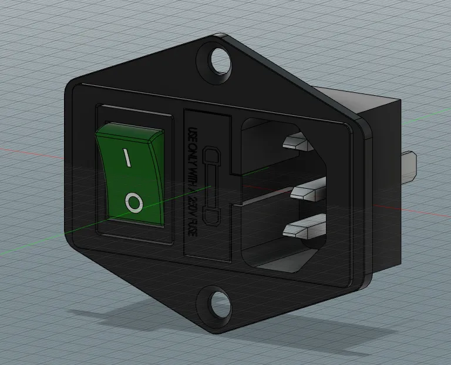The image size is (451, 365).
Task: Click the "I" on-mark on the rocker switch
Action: (x=126, y=157)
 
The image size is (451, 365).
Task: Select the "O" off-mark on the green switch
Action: (x=134, y=203)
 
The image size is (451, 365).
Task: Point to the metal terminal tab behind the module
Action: (x=409, y=167)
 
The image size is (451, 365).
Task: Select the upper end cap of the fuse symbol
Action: (x=210, y=157)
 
